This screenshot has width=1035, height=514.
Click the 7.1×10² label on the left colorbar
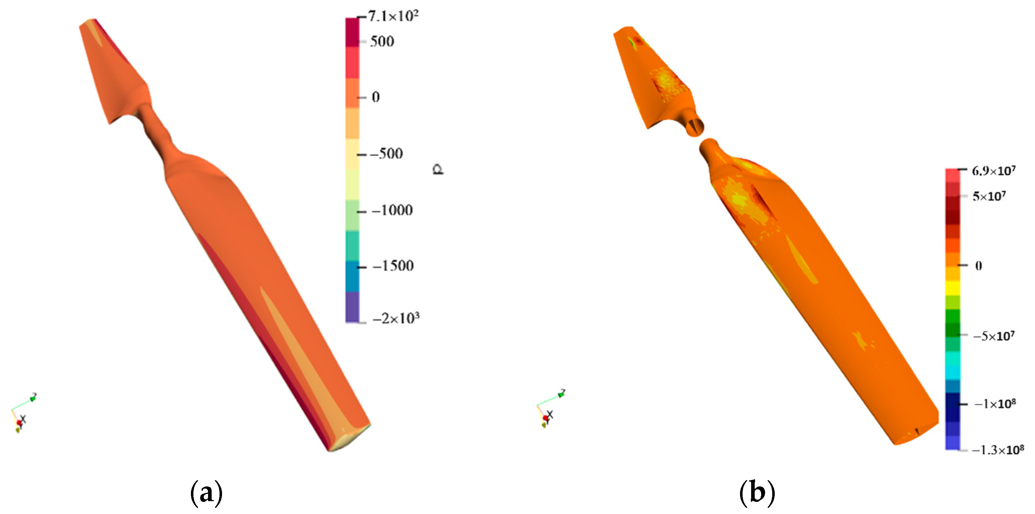click(x=393, y=16)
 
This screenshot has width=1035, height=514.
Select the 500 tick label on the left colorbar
click(x=382, y=41)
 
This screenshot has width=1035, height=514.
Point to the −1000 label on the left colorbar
click(x=392, y=210)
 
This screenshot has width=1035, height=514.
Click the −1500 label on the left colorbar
click(x=393, y=266)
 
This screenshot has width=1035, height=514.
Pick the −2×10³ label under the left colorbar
click(x=396, y=318)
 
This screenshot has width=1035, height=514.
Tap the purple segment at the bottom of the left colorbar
click(x=352, y=307)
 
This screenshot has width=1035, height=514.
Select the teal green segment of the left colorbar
click(x=352, y=245)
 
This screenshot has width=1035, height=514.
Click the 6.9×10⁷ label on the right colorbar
click(x=993, y=171)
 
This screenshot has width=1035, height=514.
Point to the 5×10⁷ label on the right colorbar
click(x=989, y=196)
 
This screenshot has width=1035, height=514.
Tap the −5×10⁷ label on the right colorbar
click(x=993, y=336)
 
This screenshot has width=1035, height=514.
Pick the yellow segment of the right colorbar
click(x=953, y=288)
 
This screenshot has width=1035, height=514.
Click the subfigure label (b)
click(x=757, y=492)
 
